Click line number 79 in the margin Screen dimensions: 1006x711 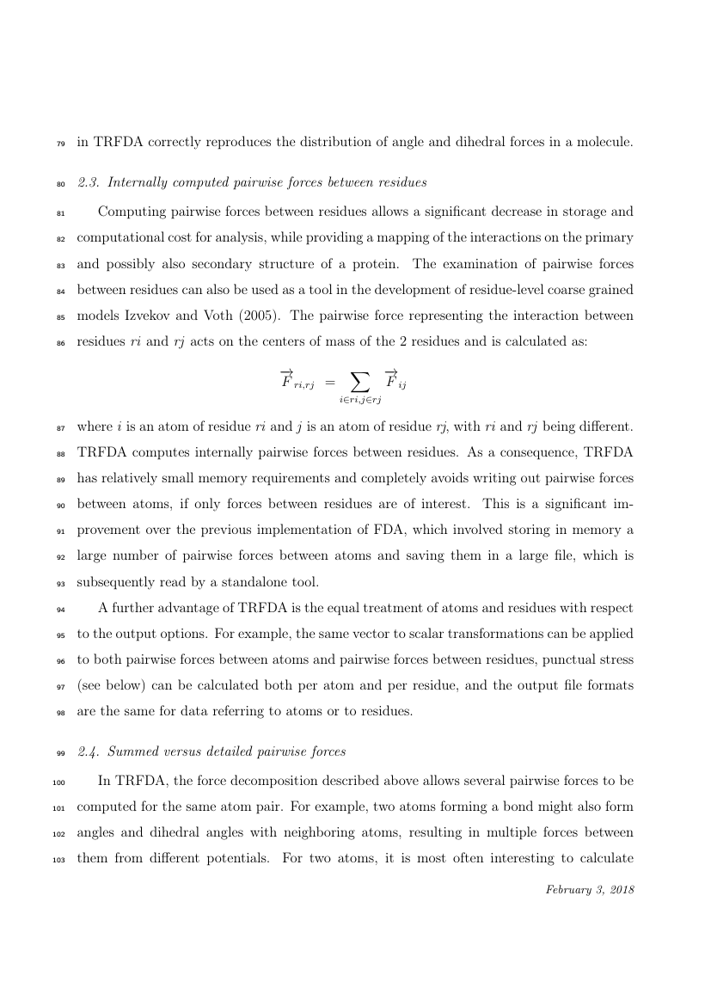pos(59,144)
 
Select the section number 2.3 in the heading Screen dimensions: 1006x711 pos(88,182)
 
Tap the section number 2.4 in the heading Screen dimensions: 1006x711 pos(88,751)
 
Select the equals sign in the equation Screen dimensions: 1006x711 pos(331,379)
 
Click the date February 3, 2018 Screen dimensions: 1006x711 pos(590,890)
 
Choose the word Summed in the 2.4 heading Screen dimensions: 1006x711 pos(133,751)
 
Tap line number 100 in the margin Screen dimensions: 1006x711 pos(58,782)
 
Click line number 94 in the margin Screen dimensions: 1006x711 pos(59,609)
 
